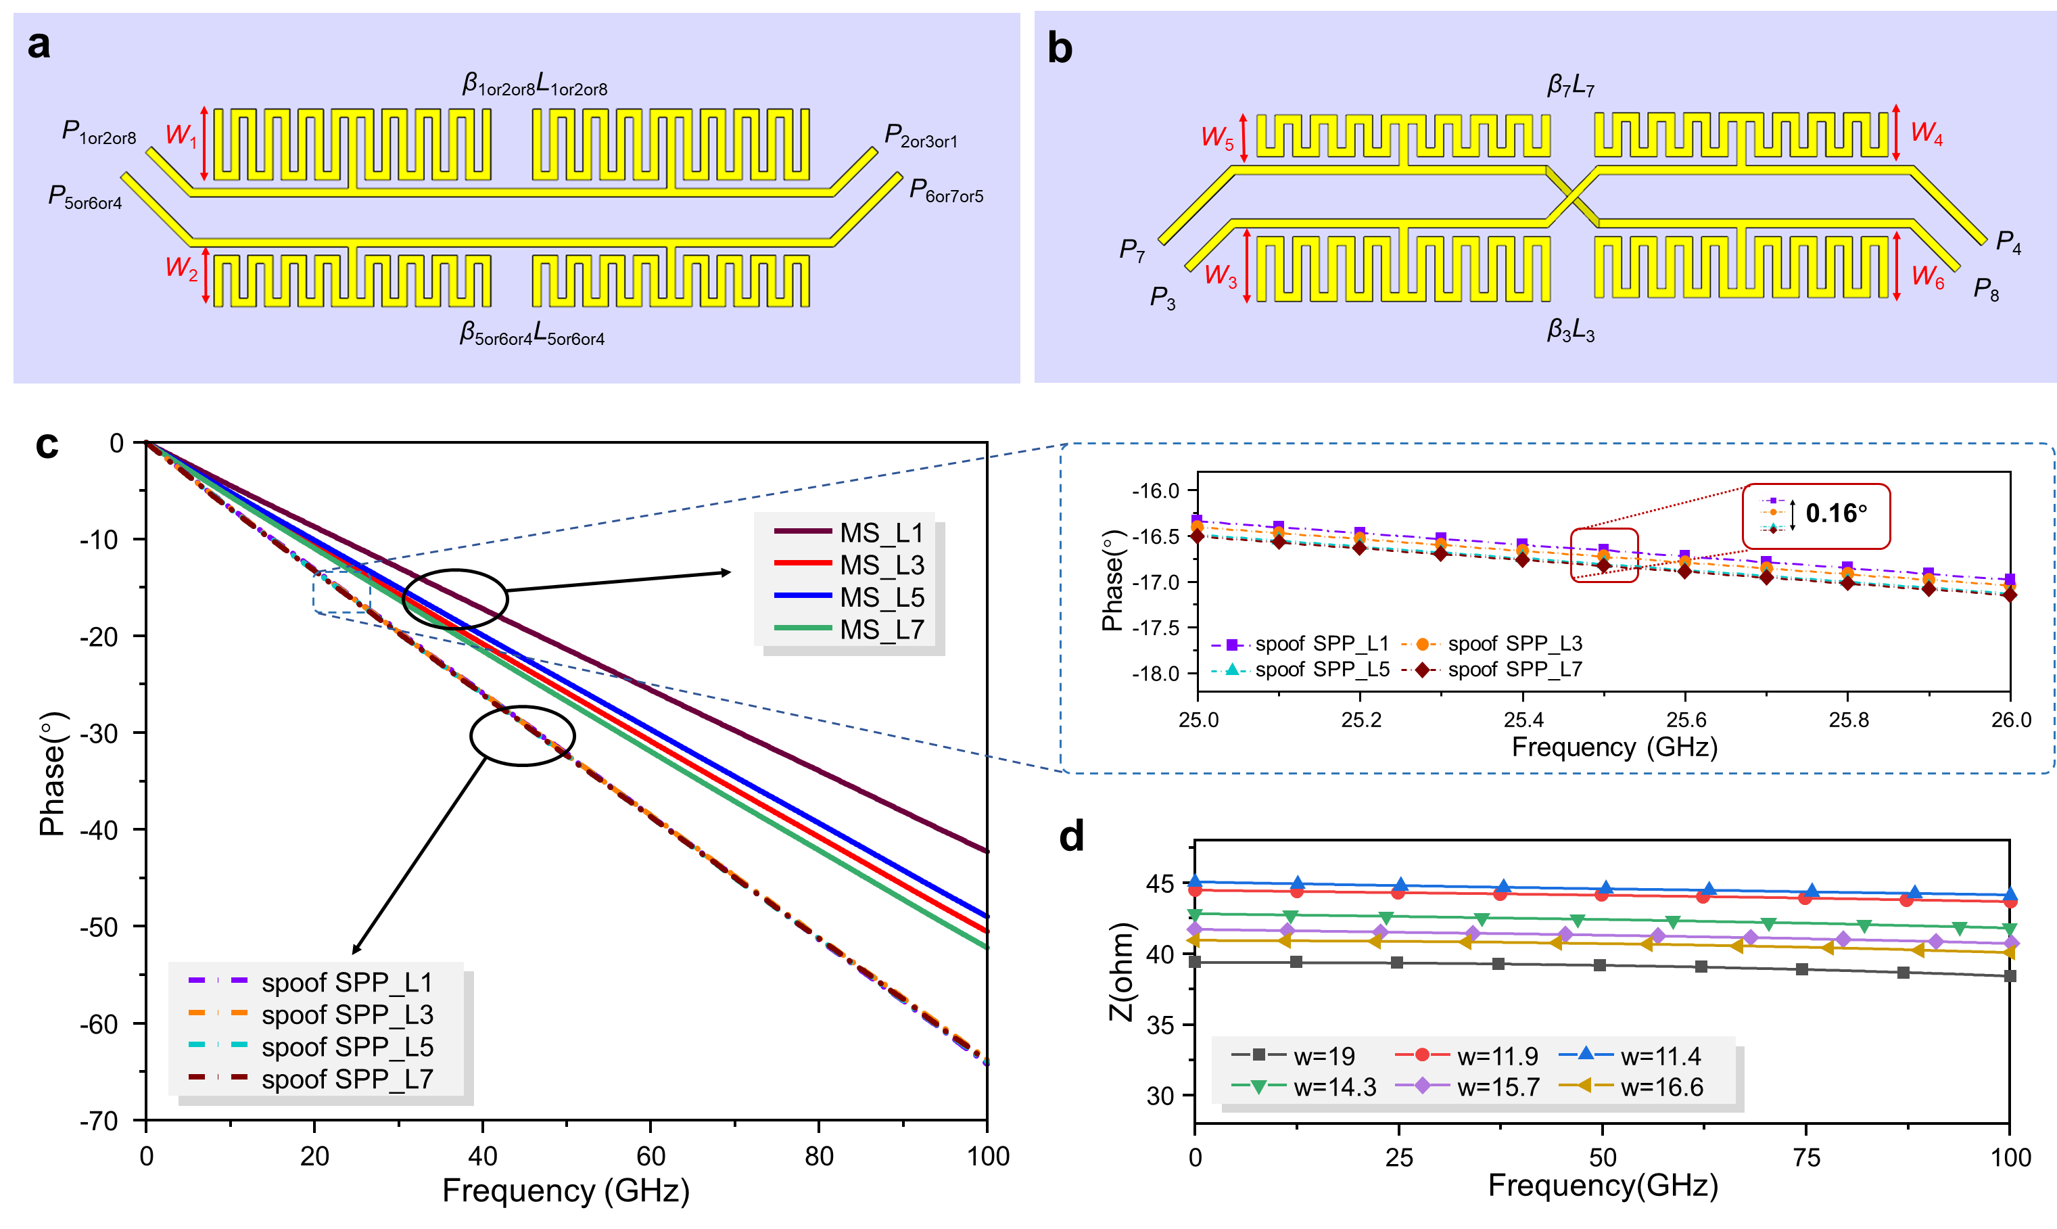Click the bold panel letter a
click(x=39, y=45)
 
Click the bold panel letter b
click(x=1060, y=48)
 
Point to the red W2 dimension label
click(x=181, y=267)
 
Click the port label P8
click(x=1986, y=289)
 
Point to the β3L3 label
click(x=1570, y=331)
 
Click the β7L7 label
click(x=1570, y=85)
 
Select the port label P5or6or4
click(x=85, y=197)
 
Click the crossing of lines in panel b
click(x=1572, y=196)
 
